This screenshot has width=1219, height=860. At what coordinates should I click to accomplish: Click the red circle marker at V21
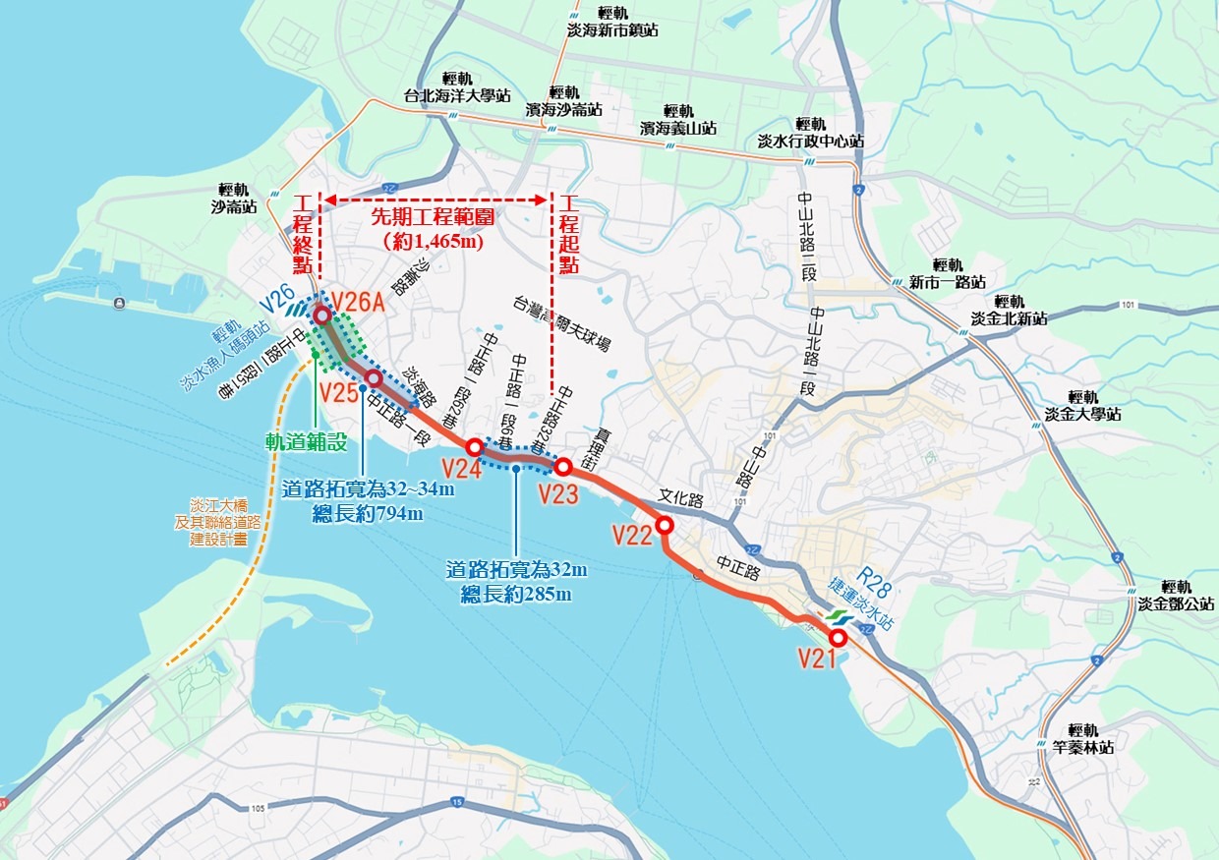tap(839, 638)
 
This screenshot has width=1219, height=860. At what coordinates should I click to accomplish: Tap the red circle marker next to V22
tap(665, 525)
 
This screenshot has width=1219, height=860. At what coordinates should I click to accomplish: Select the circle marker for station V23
tap(564, 467)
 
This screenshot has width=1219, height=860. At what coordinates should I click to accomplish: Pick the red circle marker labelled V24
tap(474, 447)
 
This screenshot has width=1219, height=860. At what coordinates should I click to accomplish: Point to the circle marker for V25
tap(373, 377)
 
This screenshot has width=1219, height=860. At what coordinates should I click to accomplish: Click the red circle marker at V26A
tap(321, 315)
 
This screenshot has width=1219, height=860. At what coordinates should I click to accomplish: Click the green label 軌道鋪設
tap(307, 442)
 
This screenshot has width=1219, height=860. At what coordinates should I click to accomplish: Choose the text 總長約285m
tap(516, 594)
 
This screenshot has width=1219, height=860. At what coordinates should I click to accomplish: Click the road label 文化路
tap(683, 499)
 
